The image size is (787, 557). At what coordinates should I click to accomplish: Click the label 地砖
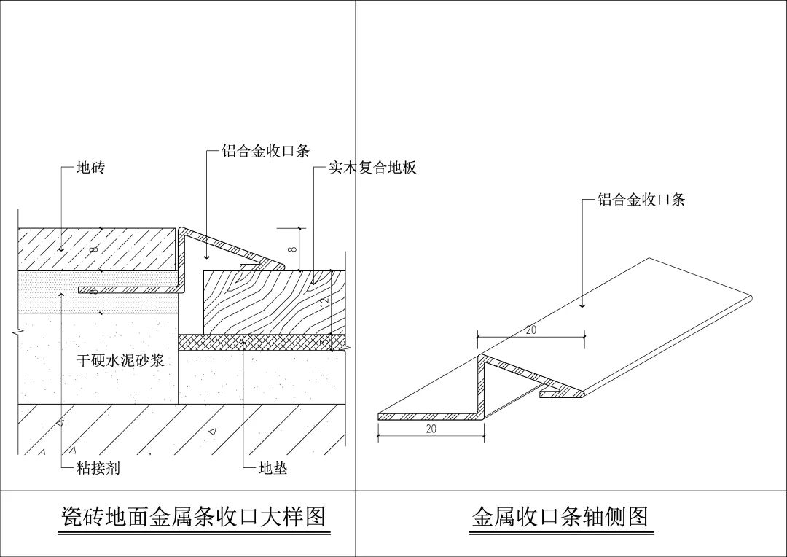[x=91, y=168]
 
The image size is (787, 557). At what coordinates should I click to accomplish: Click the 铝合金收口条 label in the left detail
[x=266, y=152]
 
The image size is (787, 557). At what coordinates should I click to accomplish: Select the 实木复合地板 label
[x=372, y=168]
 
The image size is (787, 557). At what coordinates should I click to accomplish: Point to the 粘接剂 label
[x=98, y=469]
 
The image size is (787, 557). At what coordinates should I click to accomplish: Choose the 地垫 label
[x=273, y=469]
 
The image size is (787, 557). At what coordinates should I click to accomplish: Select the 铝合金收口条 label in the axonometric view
[x=641, y=200]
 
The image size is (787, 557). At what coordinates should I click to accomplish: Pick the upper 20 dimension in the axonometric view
[x=531, y=330]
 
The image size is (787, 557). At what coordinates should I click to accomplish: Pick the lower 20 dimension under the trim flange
[x=431, y=429]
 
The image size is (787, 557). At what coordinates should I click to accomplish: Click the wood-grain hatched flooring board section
[x=270, y=303]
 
